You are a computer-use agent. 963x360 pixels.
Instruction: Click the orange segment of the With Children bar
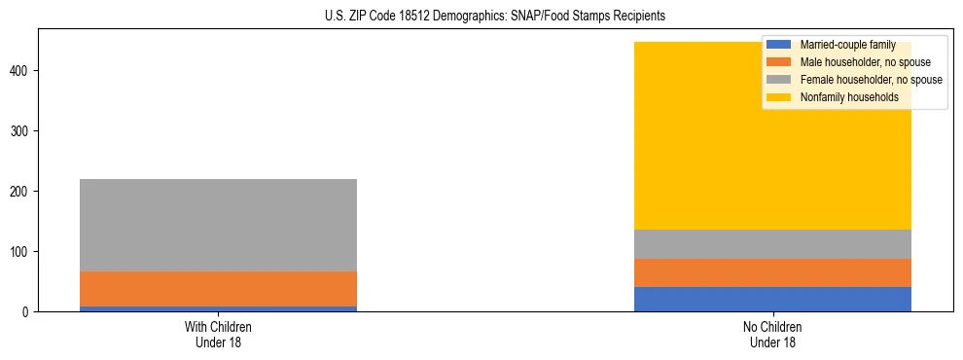218,289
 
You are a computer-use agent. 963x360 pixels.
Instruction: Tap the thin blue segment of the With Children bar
218,308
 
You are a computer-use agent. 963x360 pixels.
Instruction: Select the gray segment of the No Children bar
772,244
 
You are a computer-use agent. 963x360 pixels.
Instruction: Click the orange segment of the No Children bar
772,272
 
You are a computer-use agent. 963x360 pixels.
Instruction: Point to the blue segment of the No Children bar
772,299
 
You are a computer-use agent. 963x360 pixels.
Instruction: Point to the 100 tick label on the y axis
22,252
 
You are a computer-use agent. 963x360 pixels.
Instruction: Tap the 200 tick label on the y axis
22,192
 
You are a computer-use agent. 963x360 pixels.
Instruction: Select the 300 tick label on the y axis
22,131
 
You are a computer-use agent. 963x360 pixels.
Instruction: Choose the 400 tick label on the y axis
22,71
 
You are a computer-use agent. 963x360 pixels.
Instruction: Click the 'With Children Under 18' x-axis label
218,335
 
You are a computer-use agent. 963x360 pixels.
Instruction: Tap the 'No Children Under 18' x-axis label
772,335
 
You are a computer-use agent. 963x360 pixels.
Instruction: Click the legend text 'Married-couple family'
847,45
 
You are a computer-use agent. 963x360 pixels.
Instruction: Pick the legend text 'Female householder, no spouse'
871,80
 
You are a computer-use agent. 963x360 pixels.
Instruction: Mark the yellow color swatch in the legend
779,97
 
